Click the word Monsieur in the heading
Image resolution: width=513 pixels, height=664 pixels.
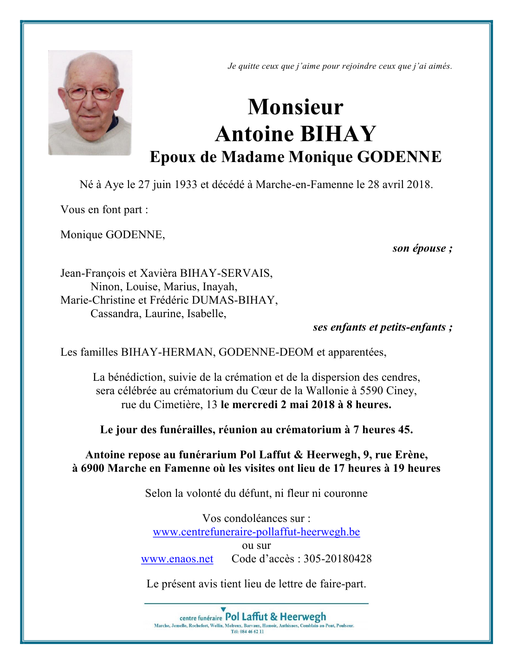[295, 107]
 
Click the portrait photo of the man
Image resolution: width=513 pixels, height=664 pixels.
[90, 103]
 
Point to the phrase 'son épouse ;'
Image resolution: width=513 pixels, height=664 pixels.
[422, 248]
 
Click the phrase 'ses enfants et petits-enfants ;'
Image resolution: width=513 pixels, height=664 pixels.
[383, 327]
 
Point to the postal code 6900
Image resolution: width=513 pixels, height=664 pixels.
[92, 469]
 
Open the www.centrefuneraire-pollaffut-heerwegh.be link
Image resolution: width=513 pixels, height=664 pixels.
[256, 532]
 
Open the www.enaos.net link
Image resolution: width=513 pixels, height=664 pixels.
[177, 559]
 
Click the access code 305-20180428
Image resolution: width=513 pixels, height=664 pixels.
[338, 559]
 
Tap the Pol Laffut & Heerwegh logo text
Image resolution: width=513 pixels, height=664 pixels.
[275, 617]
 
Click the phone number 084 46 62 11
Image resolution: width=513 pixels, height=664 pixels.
[252, 631]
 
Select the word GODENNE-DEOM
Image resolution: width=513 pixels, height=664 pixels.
[266, 352]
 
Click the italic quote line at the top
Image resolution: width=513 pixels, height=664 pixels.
[339, 66]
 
